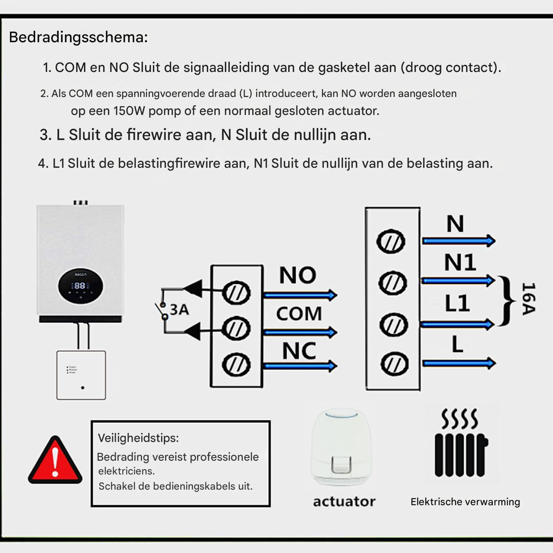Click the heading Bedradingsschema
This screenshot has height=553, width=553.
[x=78, y=38]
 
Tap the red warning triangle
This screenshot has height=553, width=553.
[x=55, y=460]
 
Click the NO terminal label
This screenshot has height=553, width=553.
[x=298, y=275]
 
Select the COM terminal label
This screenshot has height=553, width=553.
[x=299, y=313]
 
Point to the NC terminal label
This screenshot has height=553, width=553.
[x=299, y=351]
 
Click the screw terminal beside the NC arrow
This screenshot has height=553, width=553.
[x=236, y=365]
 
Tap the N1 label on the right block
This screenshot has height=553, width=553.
[x=460, y=262]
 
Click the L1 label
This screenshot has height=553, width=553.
[x=457, y=303]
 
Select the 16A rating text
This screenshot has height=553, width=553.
[x=528, y=299]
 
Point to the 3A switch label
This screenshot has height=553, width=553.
[x=180, y=309]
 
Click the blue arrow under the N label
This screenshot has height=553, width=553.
[x=459, y=241]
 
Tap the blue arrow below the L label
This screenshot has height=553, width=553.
[x=459, y=363]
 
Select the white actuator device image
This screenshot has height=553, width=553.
[x=341, y=447]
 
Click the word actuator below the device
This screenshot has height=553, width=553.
[x=345, y=502]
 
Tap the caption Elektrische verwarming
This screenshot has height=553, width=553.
[x=465, y=502]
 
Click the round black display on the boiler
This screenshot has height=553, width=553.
[x=80, y=286]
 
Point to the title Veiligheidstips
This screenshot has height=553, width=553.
[x=138, y=438]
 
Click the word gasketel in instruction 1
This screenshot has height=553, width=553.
[x=345, y=68]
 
